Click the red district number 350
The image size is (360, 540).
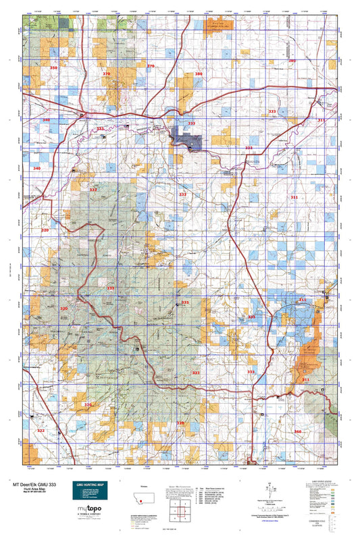point(54,68)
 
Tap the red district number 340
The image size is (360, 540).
point(36,167)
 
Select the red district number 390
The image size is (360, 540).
point(292,61)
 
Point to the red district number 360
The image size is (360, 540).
point(298,430)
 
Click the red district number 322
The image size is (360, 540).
point(41,430)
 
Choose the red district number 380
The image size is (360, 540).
point(199,74)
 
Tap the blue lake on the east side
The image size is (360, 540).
point(297,315)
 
